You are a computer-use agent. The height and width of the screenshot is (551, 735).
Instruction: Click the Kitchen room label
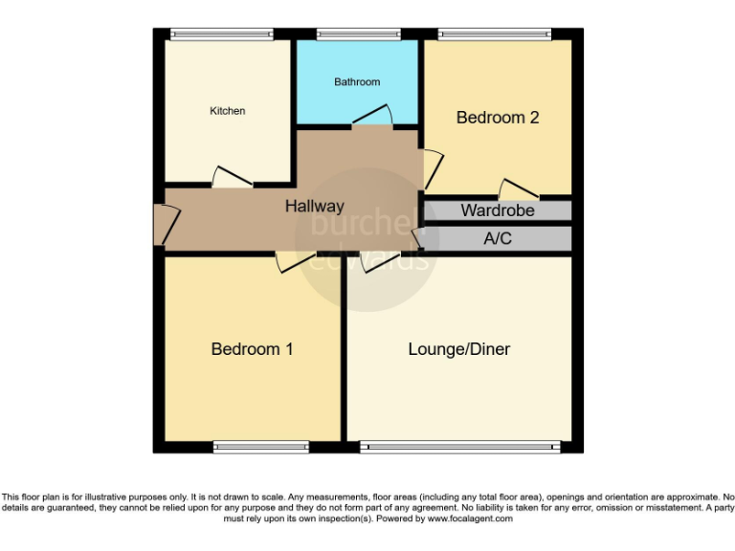(228, 111)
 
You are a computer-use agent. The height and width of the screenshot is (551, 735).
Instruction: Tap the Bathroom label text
(357, 82)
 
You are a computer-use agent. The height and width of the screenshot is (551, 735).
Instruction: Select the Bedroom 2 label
(498, 118)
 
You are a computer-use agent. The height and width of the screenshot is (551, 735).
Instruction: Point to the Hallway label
(314, 206)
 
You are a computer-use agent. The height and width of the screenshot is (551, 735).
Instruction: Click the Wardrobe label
(498, 210)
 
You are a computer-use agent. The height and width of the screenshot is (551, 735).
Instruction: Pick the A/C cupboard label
(498, 238)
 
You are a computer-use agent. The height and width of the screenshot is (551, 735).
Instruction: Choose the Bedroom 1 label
(252, 349)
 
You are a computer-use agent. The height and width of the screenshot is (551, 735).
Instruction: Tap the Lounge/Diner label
(459, 349)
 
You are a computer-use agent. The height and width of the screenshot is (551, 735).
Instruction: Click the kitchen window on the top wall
(228, 34)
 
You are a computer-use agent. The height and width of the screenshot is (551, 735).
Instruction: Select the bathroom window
(357, 34)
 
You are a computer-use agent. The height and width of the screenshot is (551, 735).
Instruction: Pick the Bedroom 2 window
(495, 34)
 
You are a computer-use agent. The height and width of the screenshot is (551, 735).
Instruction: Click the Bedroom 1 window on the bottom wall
(260, 446)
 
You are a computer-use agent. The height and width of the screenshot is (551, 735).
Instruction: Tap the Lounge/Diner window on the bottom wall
(459, 446)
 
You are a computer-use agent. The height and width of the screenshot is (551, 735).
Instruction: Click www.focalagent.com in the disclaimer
(459, 518)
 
